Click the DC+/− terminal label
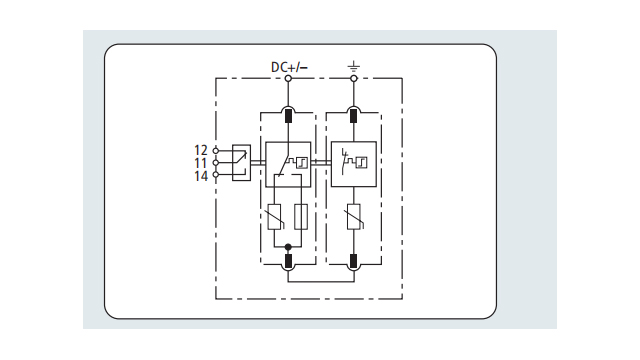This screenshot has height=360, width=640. (289, 67)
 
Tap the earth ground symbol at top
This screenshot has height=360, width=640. (353, 66)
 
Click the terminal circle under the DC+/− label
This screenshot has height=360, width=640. (288, 78)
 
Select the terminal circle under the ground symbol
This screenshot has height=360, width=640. (354, 78)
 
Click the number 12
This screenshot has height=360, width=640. (201, 150)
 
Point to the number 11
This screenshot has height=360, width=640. (201, 163)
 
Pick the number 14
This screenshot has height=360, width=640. (201, 176)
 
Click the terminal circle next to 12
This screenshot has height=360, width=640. (216, 151)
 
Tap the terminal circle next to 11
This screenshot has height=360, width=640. (216, 162)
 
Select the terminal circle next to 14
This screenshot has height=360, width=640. (216, 174)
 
